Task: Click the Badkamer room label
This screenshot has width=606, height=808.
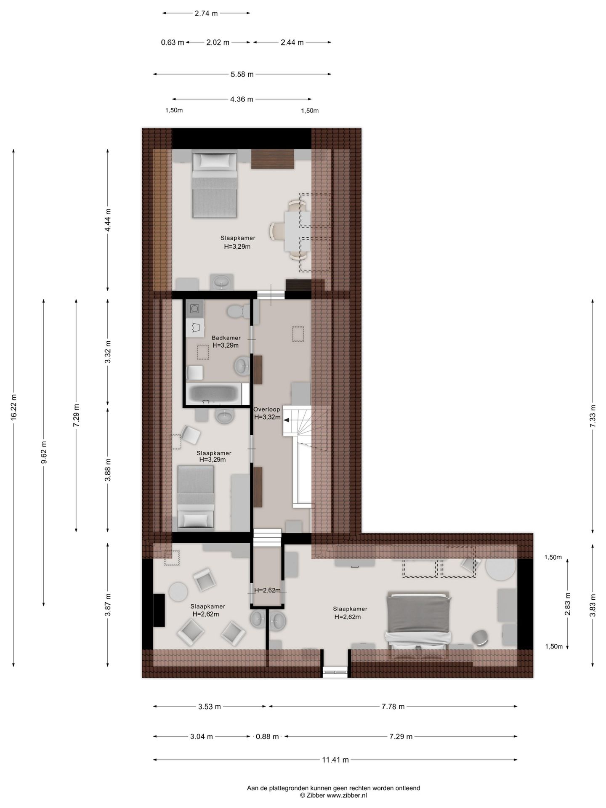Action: tap(226, 338)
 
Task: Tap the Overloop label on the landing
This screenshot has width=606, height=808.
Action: tap(266, 409)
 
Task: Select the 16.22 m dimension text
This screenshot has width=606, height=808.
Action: tap(14, 407)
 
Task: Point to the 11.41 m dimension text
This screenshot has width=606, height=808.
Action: tap(335, 760)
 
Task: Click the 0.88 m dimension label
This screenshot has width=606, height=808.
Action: tap(267, 736)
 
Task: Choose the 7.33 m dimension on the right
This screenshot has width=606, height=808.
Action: tap(593, 416)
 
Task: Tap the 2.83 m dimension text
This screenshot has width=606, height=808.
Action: tap(568, 604)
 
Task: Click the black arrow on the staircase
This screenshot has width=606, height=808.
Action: tap(286, 420)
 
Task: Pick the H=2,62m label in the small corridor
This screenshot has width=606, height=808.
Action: tap(267, 590)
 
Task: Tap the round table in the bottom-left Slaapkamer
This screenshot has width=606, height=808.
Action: tap(178, 592)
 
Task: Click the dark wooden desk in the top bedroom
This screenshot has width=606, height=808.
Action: tap(272, 159)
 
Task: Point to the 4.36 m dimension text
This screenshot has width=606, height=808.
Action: tap(242, 99)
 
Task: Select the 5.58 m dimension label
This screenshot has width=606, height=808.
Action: tap(242, 74)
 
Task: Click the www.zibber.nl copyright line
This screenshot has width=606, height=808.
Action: tap(333, 795)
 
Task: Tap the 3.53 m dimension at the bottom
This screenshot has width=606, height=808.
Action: tap(210, 707)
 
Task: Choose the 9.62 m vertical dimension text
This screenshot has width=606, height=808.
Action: tap(44, 452)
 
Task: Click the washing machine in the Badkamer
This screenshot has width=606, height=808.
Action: tap(195, 309)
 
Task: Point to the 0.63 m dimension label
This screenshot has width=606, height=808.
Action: tap(173, 42)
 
